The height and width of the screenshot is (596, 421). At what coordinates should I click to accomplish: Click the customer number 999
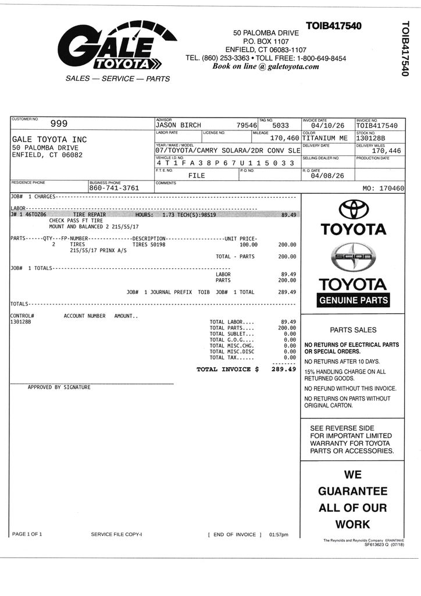coord(59,123)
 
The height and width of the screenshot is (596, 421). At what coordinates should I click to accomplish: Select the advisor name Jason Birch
coord(178,125)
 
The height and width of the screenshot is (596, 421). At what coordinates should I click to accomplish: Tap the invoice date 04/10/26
coord(327,125)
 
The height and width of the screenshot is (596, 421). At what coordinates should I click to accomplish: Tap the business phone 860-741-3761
coord(114,188)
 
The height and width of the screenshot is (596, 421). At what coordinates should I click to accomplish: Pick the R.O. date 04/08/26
coord(327,176)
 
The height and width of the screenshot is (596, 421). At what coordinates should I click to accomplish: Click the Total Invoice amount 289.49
coord(283,369)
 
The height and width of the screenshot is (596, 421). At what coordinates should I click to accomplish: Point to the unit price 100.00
coord(248,244)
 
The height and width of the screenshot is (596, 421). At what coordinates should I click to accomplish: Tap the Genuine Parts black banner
coord(353,300)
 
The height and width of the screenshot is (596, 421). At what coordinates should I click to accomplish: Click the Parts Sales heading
coord(353,329)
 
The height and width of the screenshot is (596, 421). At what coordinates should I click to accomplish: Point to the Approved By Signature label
coord(59,387)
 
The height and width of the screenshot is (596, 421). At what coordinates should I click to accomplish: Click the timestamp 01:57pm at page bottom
coord(279,534)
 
